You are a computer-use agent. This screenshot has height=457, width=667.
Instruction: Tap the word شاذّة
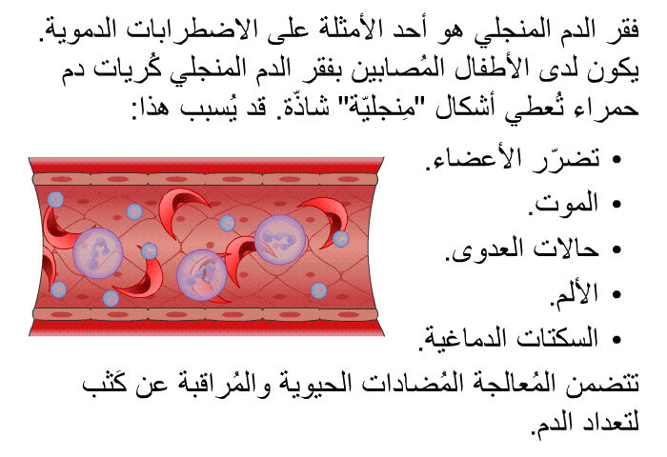297,108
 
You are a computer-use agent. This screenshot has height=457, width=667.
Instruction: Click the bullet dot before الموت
616,205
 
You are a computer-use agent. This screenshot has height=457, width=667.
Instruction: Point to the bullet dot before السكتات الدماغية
616,339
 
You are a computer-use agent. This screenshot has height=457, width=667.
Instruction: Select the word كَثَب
107,383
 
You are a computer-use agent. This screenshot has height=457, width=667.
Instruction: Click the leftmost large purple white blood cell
98,253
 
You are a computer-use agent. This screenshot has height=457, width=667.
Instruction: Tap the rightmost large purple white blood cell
280,239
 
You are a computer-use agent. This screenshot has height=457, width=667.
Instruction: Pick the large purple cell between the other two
201,274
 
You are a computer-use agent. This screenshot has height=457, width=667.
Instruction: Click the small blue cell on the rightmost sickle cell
340,239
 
